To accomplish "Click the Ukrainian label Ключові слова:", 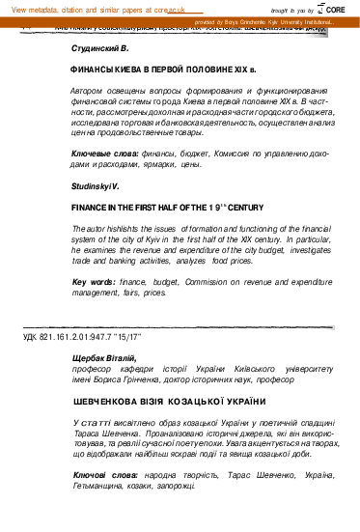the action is pyautogui.click(x=103, y=476).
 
